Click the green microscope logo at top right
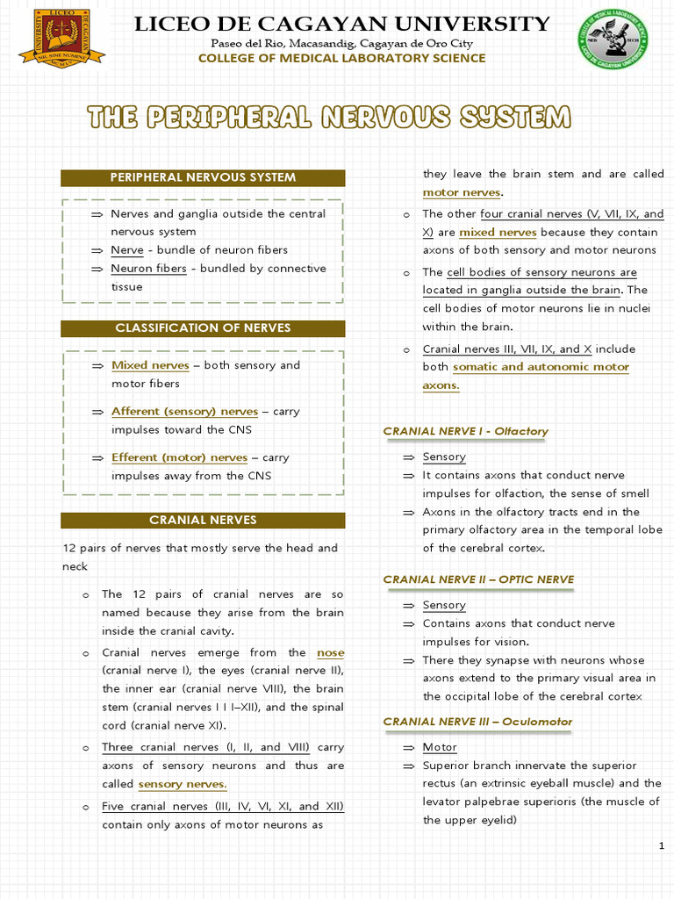coord(613,39)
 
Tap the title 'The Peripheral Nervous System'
coord(328,117)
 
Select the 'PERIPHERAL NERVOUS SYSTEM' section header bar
coord(203,177)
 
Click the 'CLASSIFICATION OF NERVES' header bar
coord(203,328)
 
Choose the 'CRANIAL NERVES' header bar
coord(203,520)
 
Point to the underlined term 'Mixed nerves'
coord(150,365)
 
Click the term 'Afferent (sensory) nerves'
coord(184,411)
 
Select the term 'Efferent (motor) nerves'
coord(179,457)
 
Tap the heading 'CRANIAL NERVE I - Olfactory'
coord(465,431)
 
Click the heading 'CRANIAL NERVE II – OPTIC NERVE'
coord(478,579)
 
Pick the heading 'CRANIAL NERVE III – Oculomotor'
coord(477,722)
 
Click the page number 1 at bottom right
coord(660,845)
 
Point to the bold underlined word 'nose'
coord(330,653)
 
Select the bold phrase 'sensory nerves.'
coord(183,784)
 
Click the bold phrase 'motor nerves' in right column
coord(462,192)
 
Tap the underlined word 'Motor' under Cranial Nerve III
coord(440,747)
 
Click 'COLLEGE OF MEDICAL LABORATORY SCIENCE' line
coord(341,58)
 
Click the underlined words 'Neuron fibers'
coord(148,269)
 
